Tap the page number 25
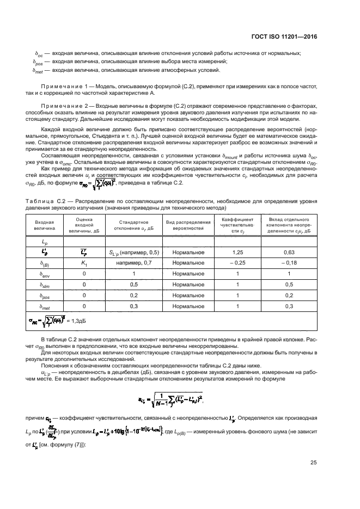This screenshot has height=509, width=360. coord(313,463)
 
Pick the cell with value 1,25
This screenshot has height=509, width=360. coord(237,253)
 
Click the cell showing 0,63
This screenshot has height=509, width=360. coord(289,253)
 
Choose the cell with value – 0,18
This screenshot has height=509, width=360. coord(289,263)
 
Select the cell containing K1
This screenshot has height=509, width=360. coord(84,263)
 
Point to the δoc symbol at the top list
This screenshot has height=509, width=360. coord(39,53)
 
